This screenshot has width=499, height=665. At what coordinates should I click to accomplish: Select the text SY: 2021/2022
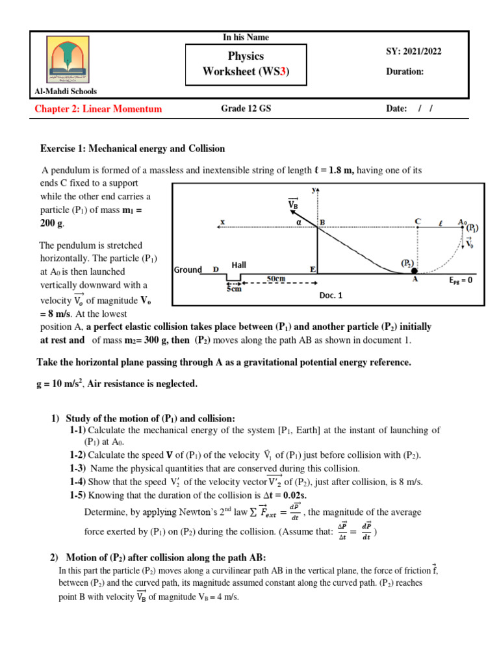[413, 52]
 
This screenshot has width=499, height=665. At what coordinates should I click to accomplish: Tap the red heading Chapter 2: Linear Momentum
[98, 109]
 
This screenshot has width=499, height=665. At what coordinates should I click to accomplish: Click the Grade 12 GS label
[246, 109]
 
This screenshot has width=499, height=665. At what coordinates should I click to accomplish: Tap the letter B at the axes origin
[320, 222]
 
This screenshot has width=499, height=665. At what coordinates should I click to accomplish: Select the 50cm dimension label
[277, 278]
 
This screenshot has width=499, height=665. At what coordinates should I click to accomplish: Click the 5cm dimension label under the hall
[234, 289]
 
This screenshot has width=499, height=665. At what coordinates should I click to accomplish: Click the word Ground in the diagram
[188, 270]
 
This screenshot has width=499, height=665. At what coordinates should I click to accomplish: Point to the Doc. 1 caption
[330, 295]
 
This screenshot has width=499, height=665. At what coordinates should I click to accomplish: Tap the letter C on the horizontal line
[418, 221]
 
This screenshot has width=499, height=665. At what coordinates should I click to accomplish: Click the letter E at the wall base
[313, 269]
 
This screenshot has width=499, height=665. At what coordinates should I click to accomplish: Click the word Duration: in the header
[405, 71]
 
